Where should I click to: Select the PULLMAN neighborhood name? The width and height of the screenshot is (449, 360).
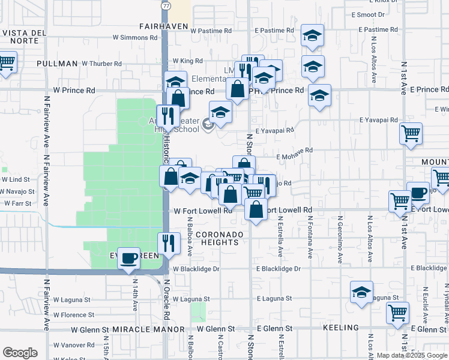point(57,63)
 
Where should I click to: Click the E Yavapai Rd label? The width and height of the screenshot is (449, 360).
point(274,130)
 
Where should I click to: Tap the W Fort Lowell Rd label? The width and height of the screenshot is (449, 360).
point(203,211)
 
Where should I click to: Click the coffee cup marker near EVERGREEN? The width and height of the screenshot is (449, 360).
point(128,259)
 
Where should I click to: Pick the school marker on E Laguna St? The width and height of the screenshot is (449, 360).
point(361,292)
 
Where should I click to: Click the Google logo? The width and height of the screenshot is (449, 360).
point(20,353)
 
